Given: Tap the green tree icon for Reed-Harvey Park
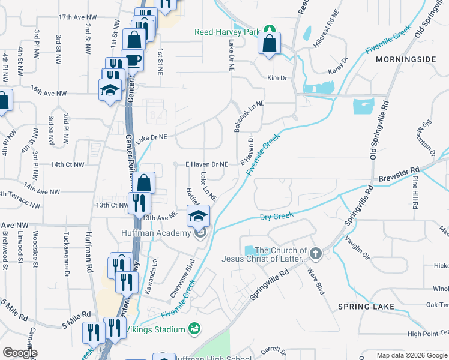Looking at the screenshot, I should [x=270, y=29].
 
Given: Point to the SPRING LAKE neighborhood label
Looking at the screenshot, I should [x=366, y=307].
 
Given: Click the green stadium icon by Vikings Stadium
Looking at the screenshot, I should [x=194, y=328].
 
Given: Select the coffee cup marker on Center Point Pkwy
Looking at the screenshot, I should [x=132, y=60].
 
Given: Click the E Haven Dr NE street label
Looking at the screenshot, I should [x=206, y=164].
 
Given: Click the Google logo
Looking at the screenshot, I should [x=19, y=353].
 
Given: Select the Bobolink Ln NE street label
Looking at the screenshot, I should [x=241, y=116].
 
